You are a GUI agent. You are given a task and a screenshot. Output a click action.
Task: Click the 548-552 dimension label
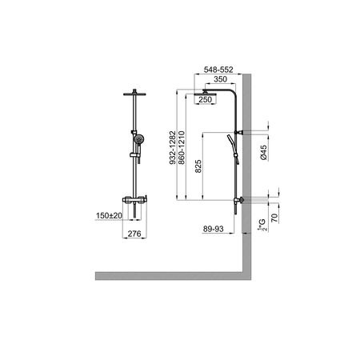218,70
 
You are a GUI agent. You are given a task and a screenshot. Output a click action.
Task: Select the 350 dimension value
220,79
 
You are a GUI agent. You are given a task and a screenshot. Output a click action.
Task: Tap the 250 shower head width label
205,99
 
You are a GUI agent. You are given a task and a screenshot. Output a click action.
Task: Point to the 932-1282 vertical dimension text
173,147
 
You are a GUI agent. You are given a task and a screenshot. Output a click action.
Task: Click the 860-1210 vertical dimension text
182,147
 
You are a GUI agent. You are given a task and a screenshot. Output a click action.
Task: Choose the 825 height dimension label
198,166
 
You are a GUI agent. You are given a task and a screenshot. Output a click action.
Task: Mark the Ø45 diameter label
263,152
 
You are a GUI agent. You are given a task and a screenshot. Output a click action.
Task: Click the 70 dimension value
274,218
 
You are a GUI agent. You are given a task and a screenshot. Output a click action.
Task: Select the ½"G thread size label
262,225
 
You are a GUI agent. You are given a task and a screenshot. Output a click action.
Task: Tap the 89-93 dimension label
214,229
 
